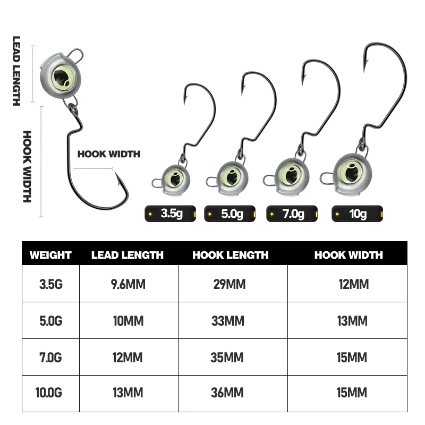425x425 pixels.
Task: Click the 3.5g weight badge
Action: pos(171,214)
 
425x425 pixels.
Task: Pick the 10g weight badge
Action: pos(357,214)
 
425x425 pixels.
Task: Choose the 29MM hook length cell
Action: pos(229,284)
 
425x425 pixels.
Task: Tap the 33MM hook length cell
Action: pos(229,321)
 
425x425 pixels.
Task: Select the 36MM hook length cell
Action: pos(229,393)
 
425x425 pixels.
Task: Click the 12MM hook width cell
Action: pos(353,284)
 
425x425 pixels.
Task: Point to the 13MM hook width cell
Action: pos(352,321)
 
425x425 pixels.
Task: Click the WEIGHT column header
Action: pos(50,255)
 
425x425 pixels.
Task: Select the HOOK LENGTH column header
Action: pos(231,255)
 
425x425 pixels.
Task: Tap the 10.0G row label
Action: pos(50,393)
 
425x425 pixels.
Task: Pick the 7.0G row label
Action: pos(50,358)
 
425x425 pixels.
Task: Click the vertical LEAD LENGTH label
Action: pos(16,71)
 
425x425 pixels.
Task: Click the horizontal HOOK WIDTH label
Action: pos(109,155)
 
